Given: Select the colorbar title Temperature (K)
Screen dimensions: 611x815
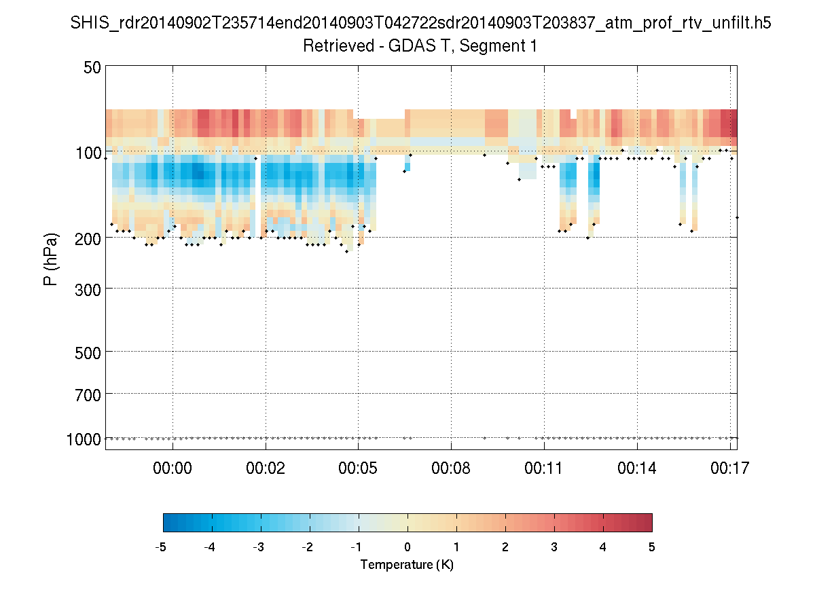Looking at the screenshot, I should point(407,565).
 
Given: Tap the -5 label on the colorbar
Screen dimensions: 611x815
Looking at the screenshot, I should point(161,547).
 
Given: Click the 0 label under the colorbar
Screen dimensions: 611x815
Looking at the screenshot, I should point(407,547).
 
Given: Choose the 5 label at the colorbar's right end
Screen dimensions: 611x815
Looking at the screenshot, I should point(652,547).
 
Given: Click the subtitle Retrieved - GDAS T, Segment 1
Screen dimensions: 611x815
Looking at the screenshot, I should point(421,46).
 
